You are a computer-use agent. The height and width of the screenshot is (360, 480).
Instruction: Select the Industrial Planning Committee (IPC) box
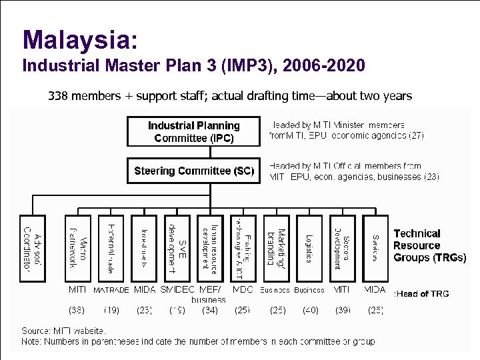click(x=194, y=132)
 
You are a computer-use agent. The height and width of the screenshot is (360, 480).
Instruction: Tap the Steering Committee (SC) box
click(x=194, y=171)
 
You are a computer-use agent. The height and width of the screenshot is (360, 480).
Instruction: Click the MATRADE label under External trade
click(x=111, y=291)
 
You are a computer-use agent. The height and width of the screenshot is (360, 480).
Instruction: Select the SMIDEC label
click(x=177, y=291)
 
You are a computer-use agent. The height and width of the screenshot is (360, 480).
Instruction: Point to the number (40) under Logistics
click(x=310, y=309)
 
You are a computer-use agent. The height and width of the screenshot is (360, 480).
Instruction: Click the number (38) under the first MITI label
click(x=77, y=309)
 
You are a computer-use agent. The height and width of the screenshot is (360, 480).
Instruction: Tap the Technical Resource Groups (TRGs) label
click(x=429, y=245)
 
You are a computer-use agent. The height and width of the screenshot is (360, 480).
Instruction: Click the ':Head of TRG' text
click(x=422, y=293)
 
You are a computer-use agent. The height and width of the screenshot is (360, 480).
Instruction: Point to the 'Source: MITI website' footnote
click(x=64, y=330)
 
